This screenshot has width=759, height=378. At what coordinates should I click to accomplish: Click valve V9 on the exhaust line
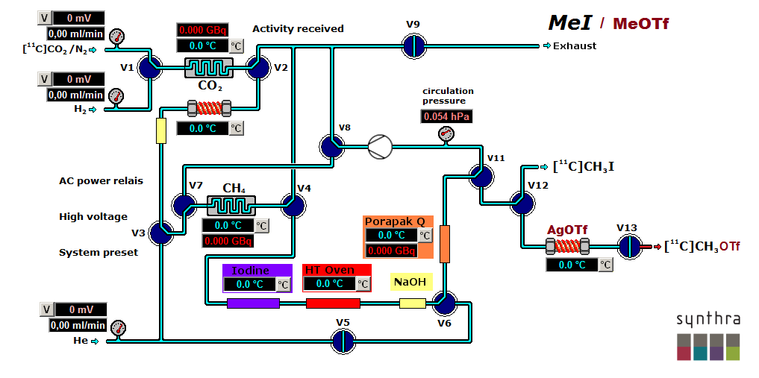413,46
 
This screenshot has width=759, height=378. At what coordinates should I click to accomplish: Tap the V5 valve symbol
342,340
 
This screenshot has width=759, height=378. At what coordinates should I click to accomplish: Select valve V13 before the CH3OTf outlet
629,245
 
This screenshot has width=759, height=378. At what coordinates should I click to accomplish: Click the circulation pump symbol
380,147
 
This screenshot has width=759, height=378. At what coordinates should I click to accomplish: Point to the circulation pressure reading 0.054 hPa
446,117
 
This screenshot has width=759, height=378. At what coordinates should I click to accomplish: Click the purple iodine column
253,303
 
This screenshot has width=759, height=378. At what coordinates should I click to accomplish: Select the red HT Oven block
333,303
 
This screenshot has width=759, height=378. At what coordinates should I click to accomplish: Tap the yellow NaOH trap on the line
412,303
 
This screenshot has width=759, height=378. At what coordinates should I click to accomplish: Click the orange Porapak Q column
445,245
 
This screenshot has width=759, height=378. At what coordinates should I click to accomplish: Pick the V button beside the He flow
44,309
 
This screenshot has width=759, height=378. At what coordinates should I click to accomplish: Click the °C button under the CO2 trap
236,128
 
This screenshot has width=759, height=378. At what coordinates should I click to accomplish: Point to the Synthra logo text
708,320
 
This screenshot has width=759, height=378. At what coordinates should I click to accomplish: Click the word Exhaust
575,46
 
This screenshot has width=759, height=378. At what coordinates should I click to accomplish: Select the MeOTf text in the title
640,23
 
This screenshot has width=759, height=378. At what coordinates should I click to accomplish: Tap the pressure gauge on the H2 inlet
116,95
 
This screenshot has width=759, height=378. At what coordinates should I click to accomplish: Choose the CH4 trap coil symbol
231,204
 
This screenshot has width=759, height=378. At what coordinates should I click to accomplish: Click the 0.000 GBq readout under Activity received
200,30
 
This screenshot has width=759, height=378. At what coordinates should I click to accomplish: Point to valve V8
331,147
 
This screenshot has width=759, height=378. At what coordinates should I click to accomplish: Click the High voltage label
93,216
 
